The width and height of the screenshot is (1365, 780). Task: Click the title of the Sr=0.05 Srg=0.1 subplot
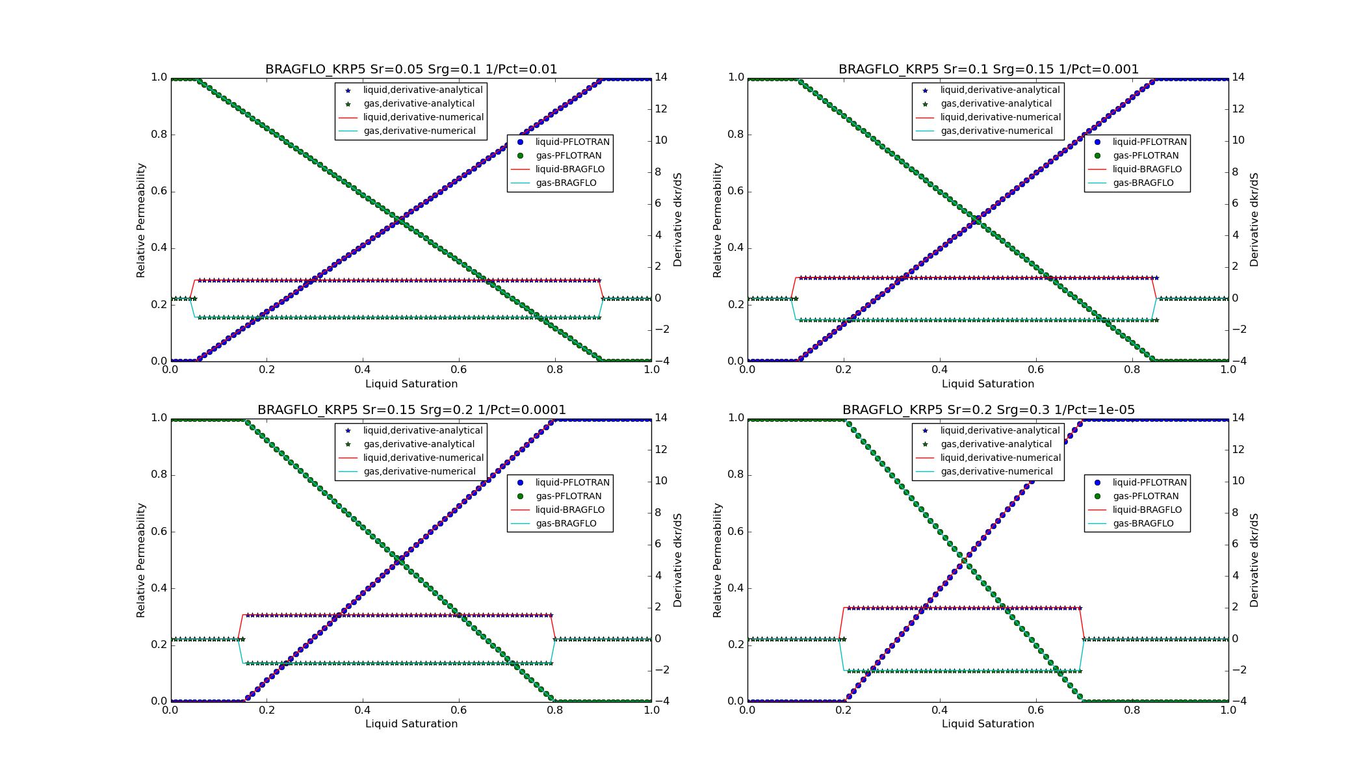point(411,70)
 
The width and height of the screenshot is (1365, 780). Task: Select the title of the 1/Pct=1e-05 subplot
point(988,410)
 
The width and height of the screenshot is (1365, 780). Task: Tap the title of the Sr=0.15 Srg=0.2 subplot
point(411,410)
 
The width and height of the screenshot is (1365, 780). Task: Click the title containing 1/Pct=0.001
point(988,70)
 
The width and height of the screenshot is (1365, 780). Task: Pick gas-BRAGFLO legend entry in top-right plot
point(1143,183)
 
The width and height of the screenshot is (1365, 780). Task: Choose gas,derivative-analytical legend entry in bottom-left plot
point(419,445)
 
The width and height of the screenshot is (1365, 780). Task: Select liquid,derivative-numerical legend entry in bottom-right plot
point(1000,458)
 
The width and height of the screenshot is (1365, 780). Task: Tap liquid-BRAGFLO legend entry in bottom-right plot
point(1147,510)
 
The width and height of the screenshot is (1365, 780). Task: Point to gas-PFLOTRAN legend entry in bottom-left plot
point(568,497)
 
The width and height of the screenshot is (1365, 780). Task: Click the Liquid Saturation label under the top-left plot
point(411,384)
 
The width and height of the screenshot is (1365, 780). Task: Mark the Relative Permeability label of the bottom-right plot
point(718,560)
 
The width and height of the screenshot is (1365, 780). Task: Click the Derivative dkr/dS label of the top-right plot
point(1254,220)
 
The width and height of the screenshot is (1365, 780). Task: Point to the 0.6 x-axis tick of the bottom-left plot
point(459,710)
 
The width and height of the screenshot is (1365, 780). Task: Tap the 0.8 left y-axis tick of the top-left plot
point(159,135)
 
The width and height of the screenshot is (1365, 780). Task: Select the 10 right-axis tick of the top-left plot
point(661,140)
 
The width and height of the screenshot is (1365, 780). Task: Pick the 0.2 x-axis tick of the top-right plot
point(844,370)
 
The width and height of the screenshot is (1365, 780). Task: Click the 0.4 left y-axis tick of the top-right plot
point(736,248)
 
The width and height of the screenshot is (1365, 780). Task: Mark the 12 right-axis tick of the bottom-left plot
point(661,450)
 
